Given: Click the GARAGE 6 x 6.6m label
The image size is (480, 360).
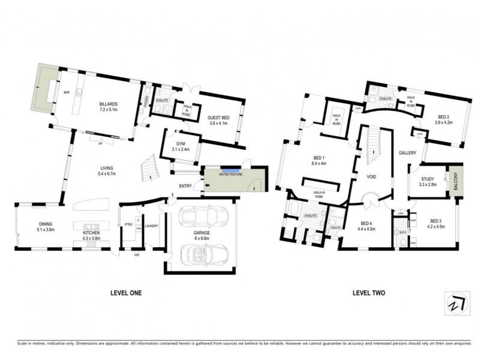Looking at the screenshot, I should tap(202, 235).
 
